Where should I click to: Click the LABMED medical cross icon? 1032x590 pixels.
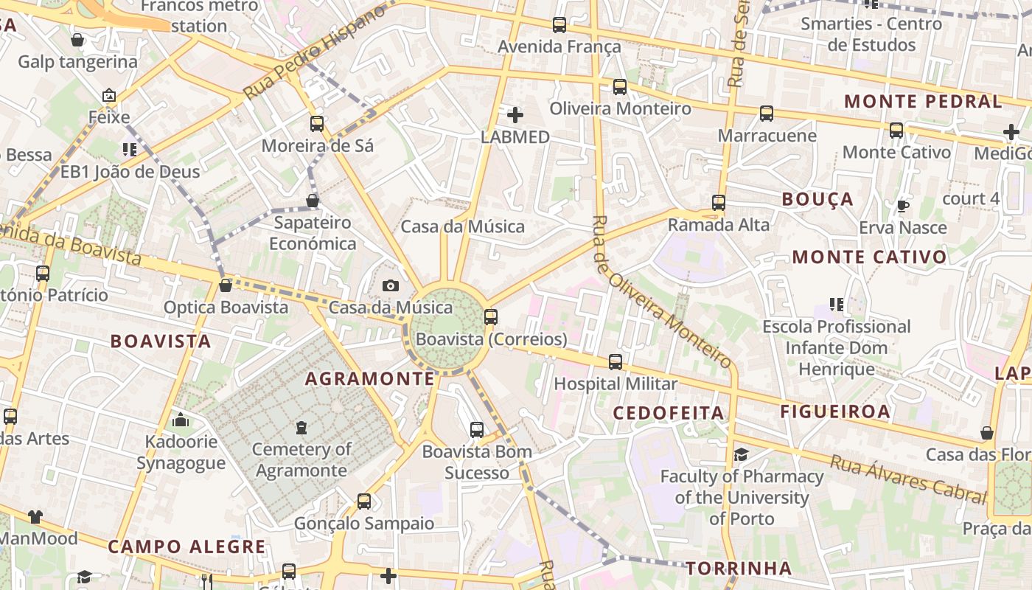[515, 114]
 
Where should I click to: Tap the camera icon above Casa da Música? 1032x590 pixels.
[391, 285]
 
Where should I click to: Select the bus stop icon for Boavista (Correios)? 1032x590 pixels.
[490, 317]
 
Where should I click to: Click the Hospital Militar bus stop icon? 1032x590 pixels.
[616, 361]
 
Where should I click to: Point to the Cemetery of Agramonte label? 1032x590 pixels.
[301, 459]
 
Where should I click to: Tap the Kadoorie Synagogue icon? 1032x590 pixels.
[181, 420]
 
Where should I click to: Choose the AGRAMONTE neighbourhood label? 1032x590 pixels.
[370, 379]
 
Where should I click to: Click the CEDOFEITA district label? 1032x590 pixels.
[669, 413]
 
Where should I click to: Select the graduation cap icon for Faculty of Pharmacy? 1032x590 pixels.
[741, 454]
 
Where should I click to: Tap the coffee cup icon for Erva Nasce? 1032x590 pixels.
[902, 206]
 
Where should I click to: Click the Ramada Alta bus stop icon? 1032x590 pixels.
[719, 202]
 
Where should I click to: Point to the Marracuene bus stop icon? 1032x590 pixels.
[767, 114]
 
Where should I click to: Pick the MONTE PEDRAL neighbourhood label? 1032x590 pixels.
[923, 101]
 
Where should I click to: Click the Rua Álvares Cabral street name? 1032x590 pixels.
[907, 479]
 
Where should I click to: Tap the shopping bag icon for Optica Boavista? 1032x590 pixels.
[226, 285]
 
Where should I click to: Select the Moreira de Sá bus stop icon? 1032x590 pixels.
[317, 123]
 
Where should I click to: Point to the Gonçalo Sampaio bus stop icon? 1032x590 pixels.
[364, 502]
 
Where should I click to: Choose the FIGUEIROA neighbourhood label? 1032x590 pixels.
[835, 412]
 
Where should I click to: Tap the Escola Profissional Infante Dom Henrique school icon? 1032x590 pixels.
[836, 304]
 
